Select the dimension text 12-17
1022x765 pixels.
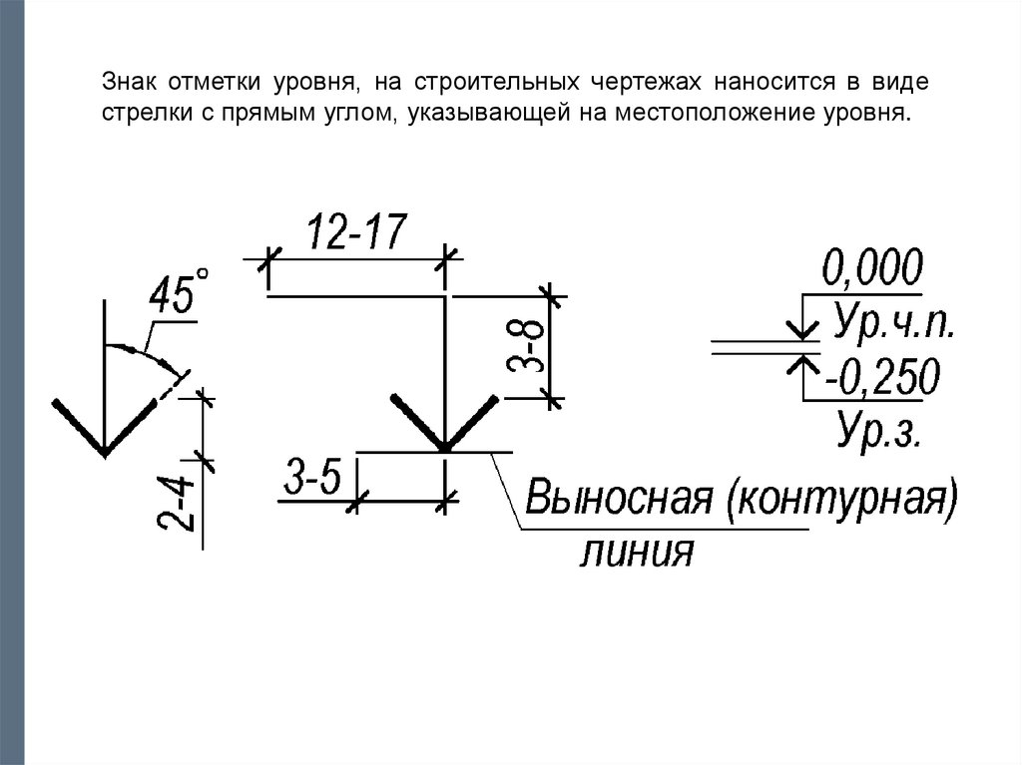point(355,233)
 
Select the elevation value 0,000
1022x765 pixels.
point(872,269)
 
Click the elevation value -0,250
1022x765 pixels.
point(882,378)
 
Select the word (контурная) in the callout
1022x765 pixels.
point(841,498)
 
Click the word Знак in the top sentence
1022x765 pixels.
point(124,80)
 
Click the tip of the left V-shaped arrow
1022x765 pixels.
point(104,453)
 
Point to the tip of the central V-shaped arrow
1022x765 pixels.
point(444,450)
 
